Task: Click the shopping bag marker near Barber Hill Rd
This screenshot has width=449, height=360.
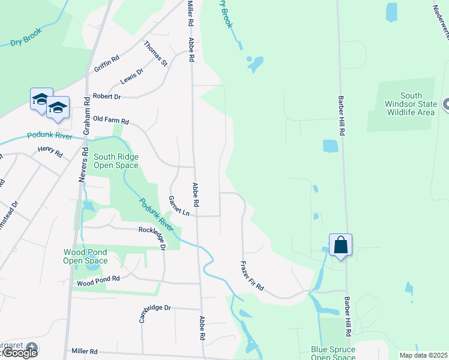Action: tap(340, 245)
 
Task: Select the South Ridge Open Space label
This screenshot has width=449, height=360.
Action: tap(116, 161)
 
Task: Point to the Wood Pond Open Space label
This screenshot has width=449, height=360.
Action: tap(85, 257)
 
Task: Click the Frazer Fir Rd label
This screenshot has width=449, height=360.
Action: tap(252, 275)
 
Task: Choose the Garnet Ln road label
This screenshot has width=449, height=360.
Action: tap(179, 206)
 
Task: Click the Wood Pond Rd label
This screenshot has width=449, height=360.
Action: tap(98, 280)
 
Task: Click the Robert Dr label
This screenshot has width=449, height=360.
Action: tap(106, 96)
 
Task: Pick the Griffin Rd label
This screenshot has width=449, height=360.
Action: tap(107, 64)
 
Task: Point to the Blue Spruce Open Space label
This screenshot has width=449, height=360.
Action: tap(333, 353)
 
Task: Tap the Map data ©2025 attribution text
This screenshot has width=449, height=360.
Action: tap(423, 355)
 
